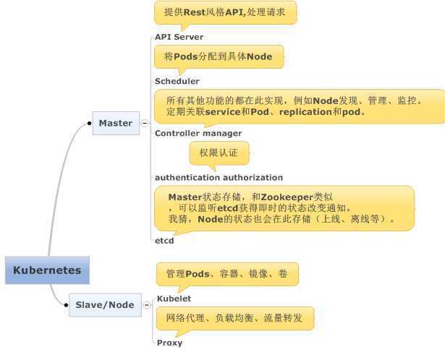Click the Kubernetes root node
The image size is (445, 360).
(47, 271)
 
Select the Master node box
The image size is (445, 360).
(116, 123)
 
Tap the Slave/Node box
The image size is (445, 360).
(105, 305)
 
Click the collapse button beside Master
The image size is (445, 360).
(145, 124)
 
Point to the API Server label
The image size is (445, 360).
(179, 37)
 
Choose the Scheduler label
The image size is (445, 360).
(177, 82)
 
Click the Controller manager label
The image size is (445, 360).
(198, 133)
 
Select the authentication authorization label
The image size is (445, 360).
(219, 177)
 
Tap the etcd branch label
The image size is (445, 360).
(164, 240)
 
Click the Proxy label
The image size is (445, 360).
(169, 343)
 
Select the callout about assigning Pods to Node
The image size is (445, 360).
(218, 57)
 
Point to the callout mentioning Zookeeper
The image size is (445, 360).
(284, 207)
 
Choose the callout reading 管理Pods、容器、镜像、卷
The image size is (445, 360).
(227, 275)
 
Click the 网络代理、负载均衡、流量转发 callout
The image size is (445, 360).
(234, 318)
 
